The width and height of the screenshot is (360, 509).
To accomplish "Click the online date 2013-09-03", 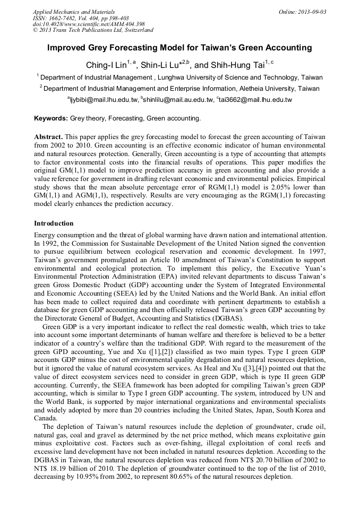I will [309, 12].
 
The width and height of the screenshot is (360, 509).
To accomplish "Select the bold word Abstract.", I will [48, 137].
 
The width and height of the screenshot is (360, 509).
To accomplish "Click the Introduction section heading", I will [54, 223].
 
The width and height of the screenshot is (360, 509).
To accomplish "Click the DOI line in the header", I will [89, 24].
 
